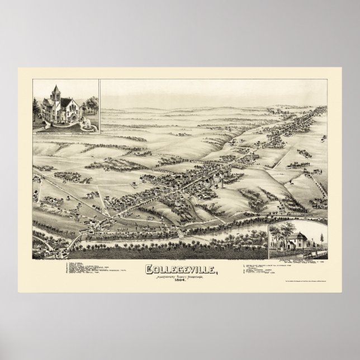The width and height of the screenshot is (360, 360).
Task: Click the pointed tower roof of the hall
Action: tap(55, 89)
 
